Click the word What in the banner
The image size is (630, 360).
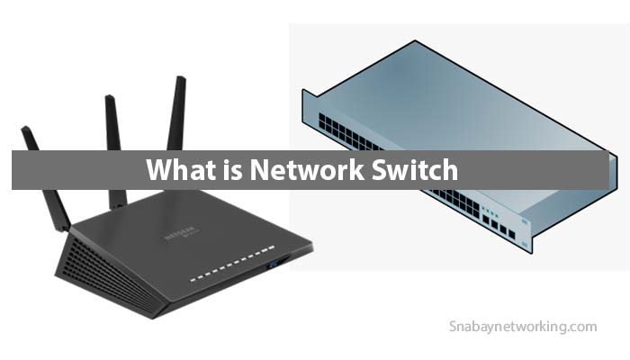(x=176, y=169)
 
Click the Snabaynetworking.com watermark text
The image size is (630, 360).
(x=521, y=327)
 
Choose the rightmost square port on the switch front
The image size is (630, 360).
(x=511, y=234)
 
